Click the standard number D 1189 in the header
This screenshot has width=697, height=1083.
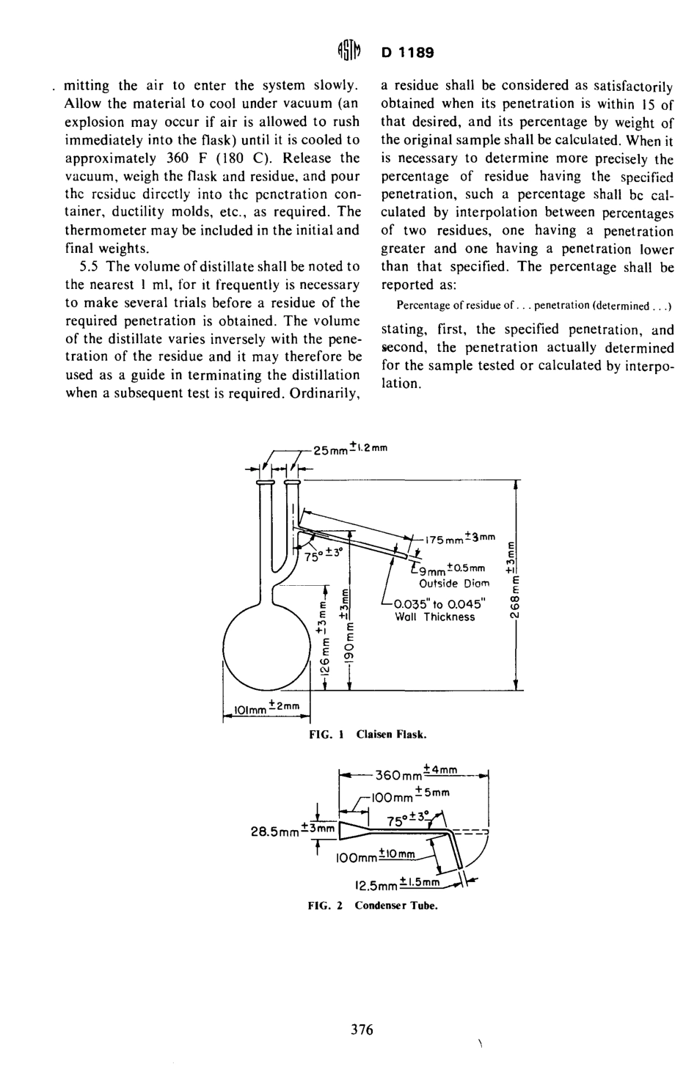(x=408, y=53)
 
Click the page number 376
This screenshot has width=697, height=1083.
(x=362, y=1029)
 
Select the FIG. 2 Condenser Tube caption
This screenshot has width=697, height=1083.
(x=372, y=905)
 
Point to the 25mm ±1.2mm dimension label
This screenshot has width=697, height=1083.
(x=350, y=449)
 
